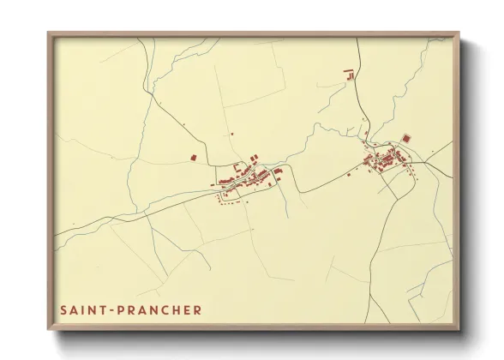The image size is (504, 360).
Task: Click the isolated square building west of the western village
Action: [194, 158]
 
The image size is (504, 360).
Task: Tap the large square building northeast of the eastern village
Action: [406, 137]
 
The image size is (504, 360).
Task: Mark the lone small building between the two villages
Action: [348, 174]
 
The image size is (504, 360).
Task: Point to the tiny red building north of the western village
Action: [231, 134]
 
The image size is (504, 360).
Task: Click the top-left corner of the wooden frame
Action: [49, 34]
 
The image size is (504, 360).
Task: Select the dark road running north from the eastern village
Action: [361, 94]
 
